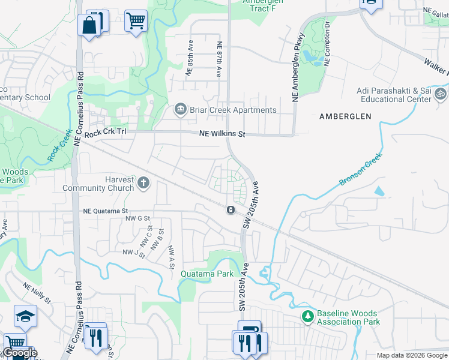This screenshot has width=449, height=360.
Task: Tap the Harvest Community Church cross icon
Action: pos(143,182)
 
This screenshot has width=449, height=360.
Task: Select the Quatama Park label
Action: pos(207,274)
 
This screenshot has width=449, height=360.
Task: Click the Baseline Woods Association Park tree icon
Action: pos(307,316)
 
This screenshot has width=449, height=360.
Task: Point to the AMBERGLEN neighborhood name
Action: pos(345,116)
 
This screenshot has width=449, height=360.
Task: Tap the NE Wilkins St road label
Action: pos(223,134)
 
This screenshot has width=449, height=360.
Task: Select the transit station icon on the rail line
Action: pos(231,209)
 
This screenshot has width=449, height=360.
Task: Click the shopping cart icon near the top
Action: pos(136,20)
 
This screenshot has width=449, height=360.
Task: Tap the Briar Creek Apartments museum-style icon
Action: pos(180,109)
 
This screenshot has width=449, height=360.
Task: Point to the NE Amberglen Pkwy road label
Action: pos(296,66)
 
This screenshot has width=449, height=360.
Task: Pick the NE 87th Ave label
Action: pos(220,59)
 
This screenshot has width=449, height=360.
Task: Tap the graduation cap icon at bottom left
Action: pos(25,316)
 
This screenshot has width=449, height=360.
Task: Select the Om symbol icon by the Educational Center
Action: pos(440,94)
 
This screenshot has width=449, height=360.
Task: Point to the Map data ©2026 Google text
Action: pos(412,355)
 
